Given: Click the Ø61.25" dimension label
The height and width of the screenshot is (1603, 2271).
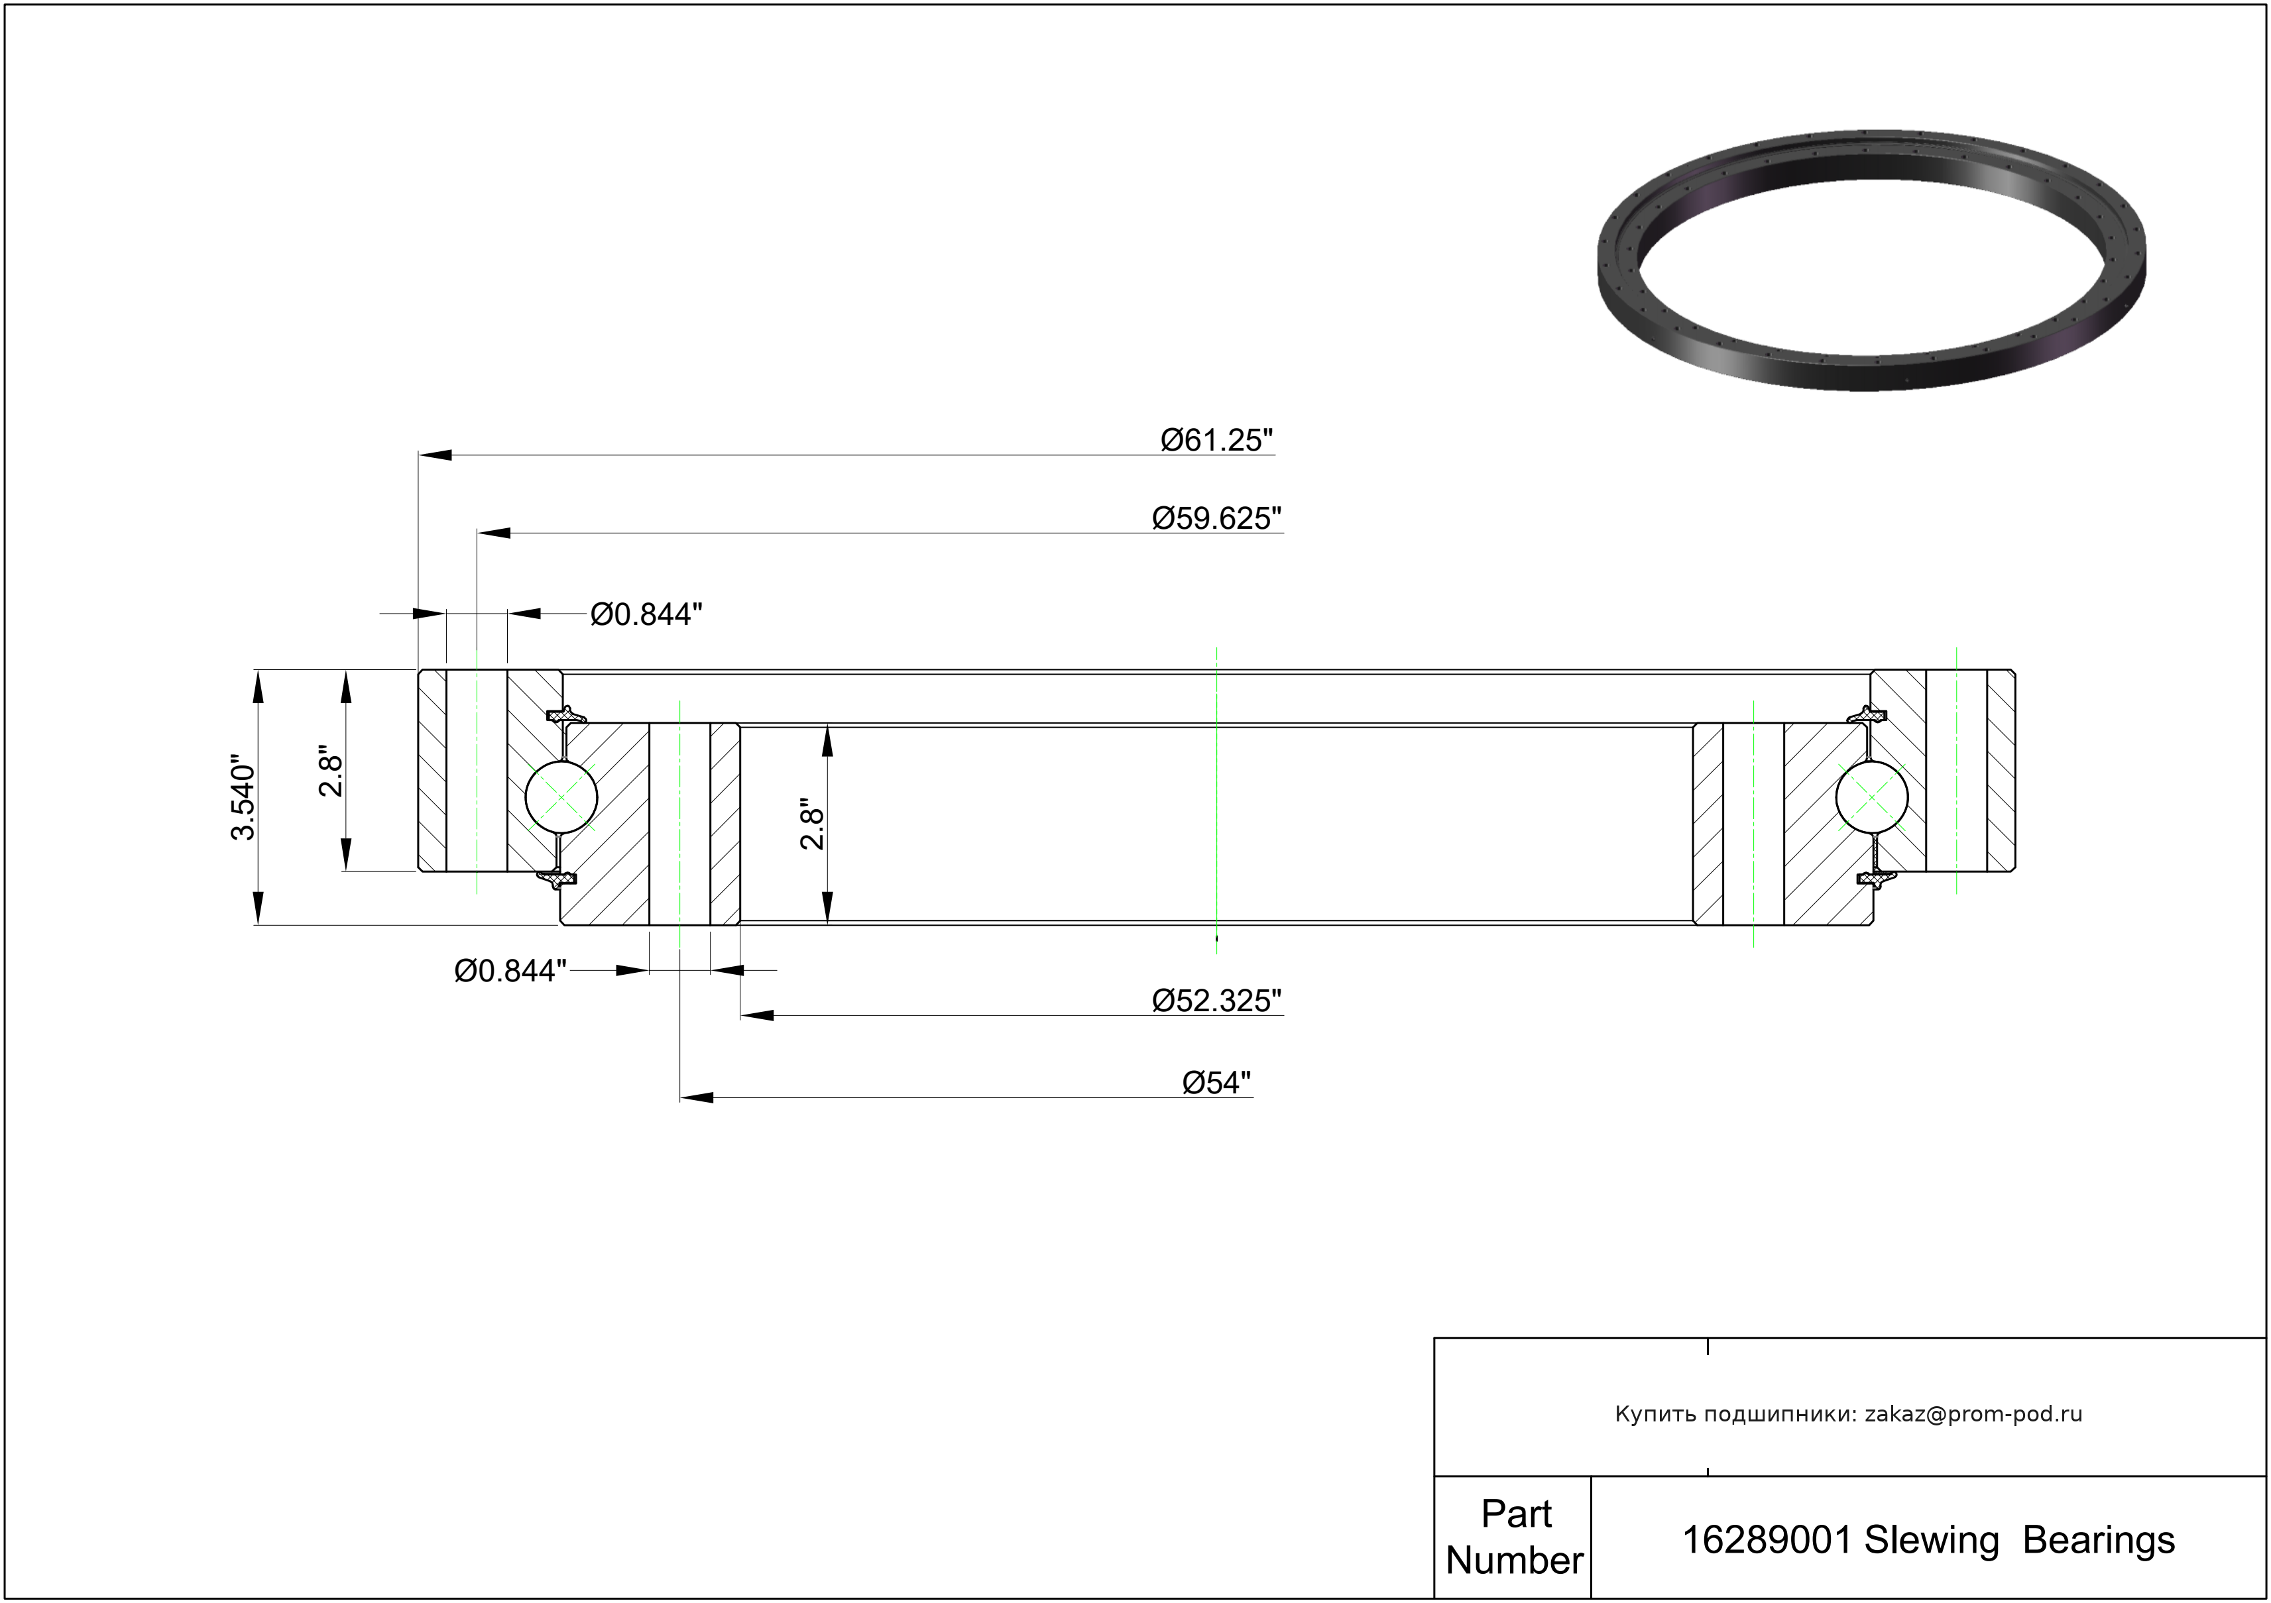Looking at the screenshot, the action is (1216, 440).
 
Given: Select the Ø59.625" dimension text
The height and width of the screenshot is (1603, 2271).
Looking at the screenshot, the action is (1216, 518).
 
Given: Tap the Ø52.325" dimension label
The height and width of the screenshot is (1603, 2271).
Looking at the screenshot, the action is (1216, 1001).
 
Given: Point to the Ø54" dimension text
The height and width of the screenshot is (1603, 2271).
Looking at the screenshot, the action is (1216, 1083).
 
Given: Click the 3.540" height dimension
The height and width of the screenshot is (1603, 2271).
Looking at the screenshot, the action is (243, 800).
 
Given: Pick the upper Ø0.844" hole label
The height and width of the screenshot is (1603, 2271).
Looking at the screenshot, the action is (646, 614).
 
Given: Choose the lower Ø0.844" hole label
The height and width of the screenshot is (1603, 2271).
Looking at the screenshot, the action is (510, 971).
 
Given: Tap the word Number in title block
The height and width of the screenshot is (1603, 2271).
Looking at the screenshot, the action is (1514, 1561).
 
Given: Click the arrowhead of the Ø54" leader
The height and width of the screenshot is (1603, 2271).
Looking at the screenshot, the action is (696, 1097).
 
